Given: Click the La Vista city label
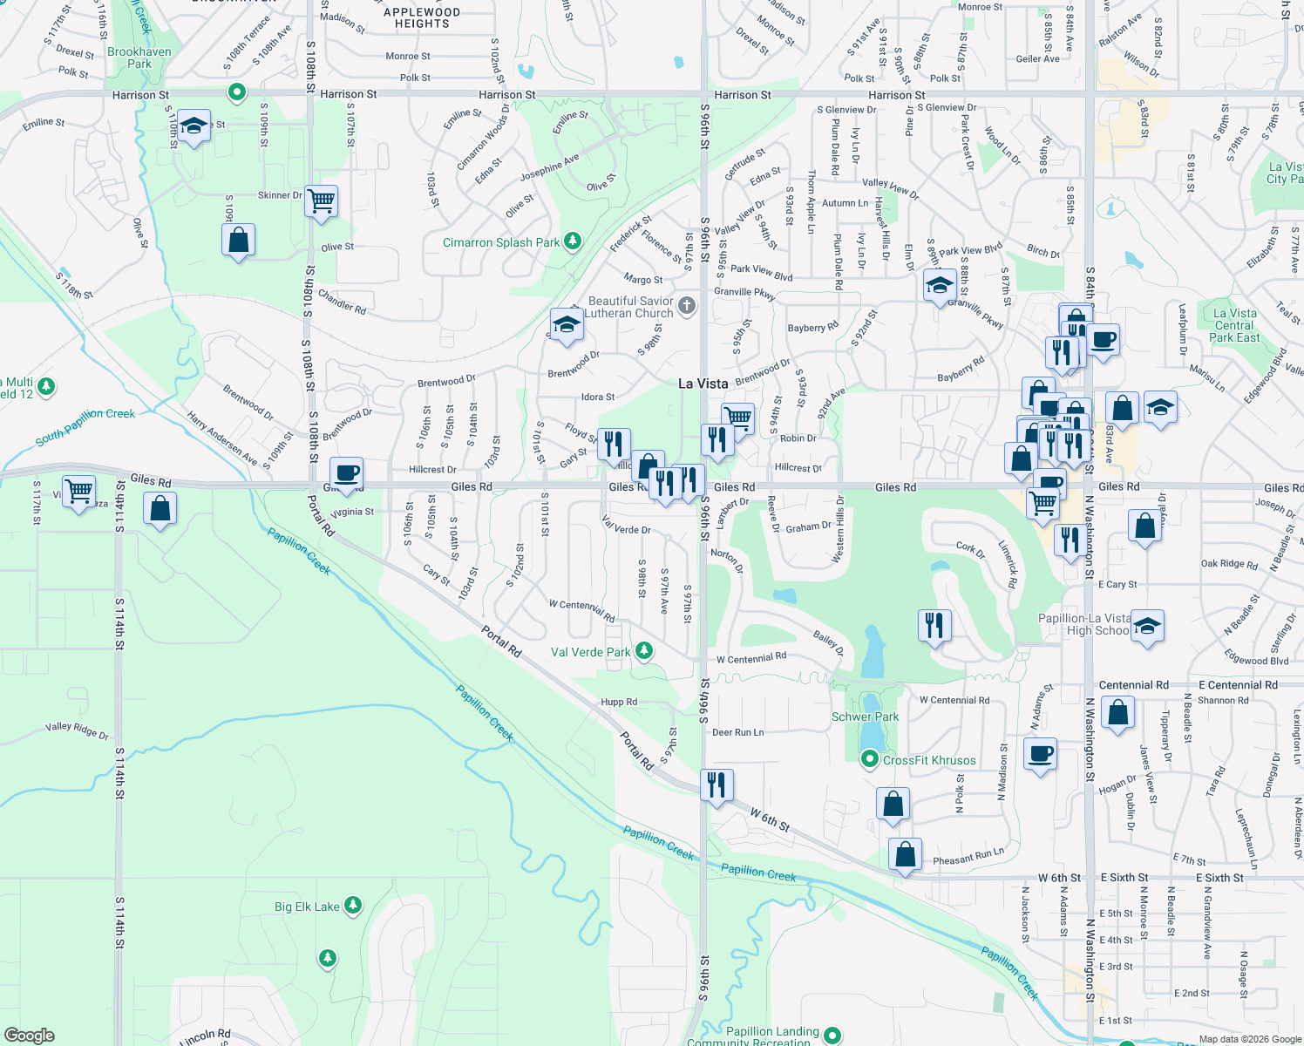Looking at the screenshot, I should pyautogui.click(x=703, y=384).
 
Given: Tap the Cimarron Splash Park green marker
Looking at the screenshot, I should pyautogui.click(x=573, y=241).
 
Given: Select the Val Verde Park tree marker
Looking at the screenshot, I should pyautogui.click(x=644, y=650).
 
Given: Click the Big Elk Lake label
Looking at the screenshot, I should pyautogui.click(x=307, y=907).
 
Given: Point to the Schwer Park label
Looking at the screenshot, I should pyautogui.click(x=865, y=717).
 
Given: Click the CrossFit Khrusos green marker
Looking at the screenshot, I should pyautogui.click(x=869, y=759).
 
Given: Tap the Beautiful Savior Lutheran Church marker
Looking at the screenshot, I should pyautogui.click(x=687, y=305).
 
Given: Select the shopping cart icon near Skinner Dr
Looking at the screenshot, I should pyautogui.click(x=322, y=200).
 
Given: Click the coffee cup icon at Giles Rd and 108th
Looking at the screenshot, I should pyautogui.click(x=347, y=472).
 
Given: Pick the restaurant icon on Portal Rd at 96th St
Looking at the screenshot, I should pyautogui.click(x=717, y=784).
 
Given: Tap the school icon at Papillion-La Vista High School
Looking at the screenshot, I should pyautogui.click(x=1147, y=626).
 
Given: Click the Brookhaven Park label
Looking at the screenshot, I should pyautogui.click(x=139, y=58).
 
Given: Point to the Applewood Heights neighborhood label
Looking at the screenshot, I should pyautogui.click(x=422, y=18).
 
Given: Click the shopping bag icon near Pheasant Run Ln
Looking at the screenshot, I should pyautogui.click(x=906, y=853).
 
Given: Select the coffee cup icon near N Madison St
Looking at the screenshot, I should pyautogui.click(x=1040, y=752).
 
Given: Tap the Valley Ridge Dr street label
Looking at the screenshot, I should pyautogui.click(x=77, y=730).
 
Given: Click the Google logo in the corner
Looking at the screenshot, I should pyautogui.click(x=30, y=1036).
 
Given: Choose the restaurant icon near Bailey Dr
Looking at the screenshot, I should pyautogui.click(x=934, y=624).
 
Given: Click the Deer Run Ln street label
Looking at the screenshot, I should pyautogui.click(x=737, y=732).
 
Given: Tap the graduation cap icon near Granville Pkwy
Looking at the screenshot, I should pyautogui.click(x=940, y=285).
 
